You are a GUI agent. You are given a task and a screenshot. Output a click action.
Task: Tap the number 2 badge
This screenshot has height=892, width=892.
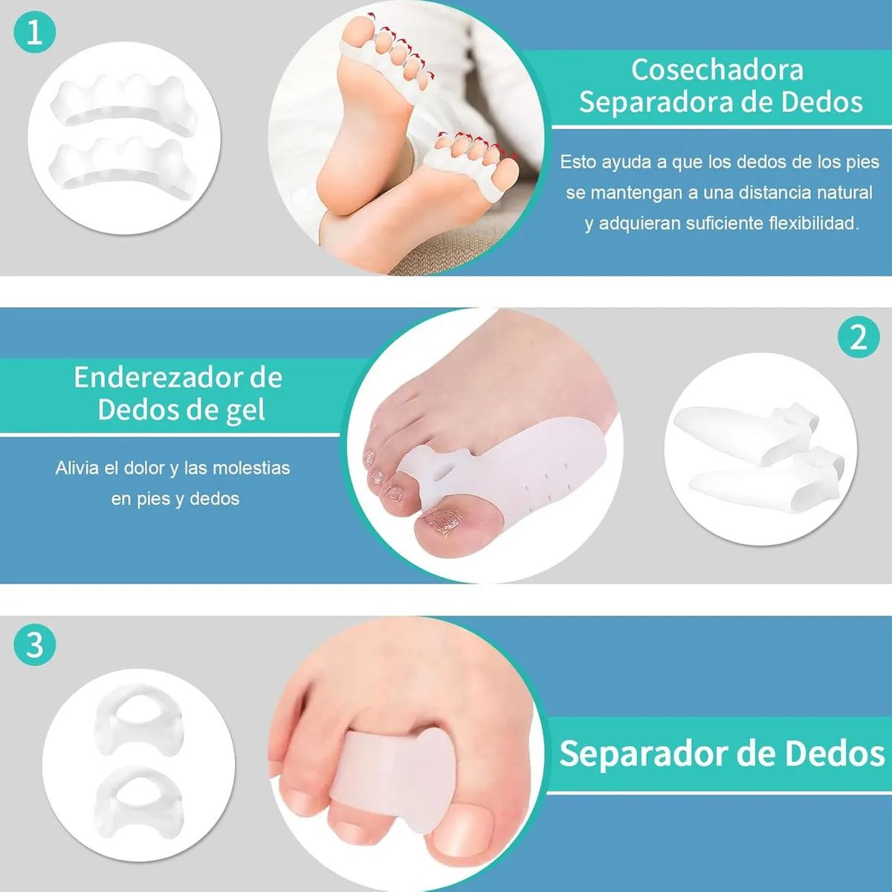859,338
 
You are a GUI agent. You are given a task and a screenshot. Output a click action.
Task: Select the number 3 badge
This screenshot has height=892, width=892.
35,644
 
